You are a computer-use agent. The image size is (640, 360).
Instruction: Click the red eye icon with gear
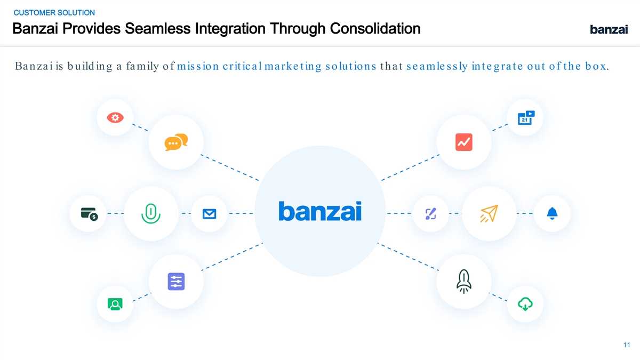pos(115,117)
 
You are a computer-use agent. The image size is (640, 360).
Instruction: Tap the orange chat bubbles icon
pos(176,142)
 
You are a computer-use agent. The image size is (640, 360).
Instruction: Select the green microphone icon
pos(151,213)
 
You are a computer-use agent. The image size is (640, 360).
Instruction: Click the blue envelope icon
pos(209,214)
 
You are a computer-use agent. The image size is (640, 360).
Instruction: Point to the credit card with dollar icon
pos(89,213)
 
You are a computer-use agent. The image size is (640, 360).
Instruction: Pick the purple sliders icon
pos(176,281)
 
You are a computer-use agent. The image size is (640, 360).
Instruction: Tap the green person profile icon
pos(115,304)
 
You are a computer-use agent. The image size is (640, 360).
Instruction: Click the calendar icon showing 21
pos(526,117)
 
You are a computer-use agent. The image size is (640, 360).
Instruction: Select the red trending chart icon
pos(463,142)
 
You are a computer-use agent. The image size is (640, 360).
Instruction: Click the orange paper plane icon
pos(489,213)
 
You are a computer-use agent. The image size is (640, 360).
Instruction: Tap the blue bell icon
pos(552,213)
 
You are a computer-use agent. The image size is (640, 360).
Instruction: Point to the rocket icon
pos(463,281)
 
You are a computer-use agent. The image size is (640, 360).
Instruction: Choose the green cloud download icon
pos(525,304)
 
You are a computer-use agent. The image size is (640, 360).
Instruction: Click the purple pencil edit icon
pos(431,213)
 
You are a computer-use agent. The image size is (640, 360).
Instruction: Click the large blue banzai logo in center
pos(320,211)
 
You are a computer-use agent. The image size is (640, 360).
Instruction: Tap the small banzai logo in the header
pos(609,30)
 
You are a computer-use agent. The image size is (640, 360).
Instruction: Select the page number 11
pos(626,344)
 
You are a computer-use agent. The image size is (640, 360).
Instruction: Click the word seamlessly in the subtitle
pos(437,67)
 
